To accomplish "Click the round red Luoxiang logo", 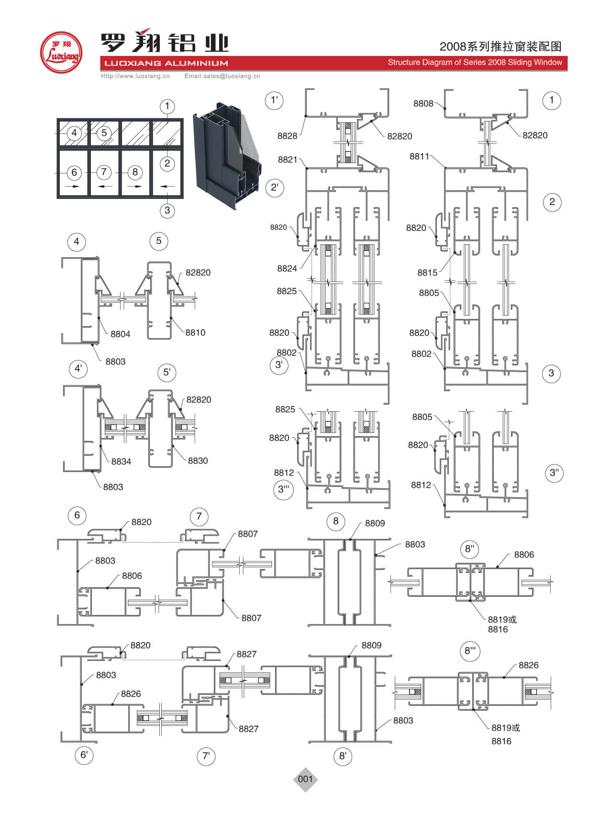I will click(x=61, y=53).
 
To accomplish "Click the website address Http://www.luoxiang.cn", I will click(x=135, y=76).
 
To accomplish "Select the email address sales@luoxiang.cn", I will click(x=222, y=76).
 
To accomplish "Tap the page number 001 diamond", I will click(x=305, y=779).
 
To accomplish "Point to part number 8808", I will click(x=423, y=104).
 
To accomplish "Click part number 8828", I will click(x=287, y=136).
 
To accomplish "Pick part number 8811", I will click(x=420, y=156).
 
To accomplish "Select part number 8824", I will click(x=287, y=269).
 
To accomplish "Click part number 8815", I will click(x=427, y=273).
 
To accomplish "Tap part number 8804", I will click(x=120, y=334).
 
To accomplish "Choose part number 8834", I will click(x=121, y=461).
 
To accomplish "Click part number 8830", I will click(x=198, y=461).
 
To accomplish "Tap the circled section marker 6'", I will click(x=84, y=755).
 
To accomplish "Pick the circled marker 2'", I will click(x=275, y=187).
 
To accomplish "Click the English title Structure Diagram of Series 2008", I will click(x=475, y=62).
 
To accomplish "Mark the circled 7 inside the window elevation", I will click(x=104, y=172).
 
